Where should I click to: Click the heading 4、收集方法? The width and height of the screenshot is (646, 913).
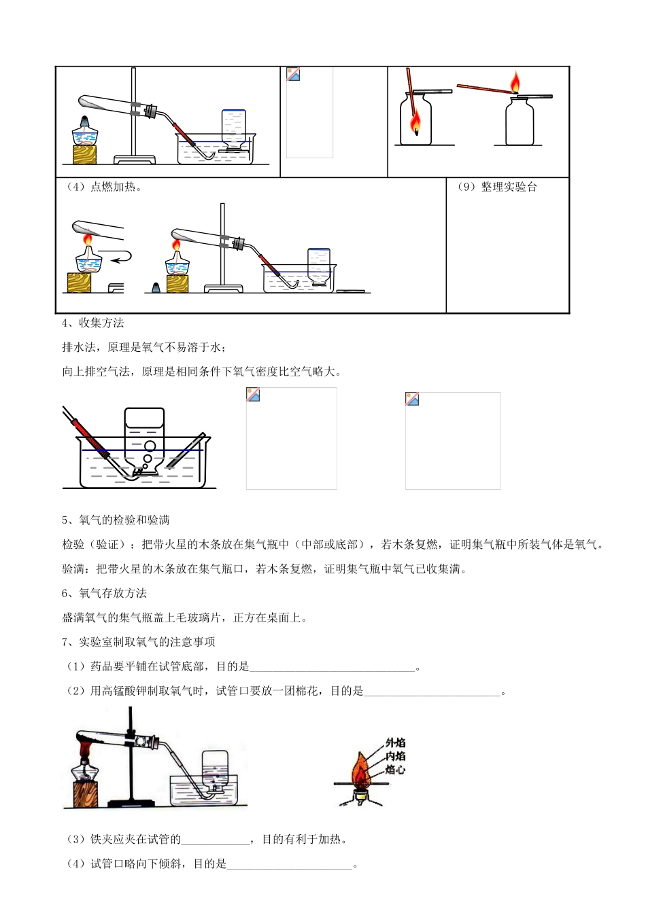click(x=93, y=323)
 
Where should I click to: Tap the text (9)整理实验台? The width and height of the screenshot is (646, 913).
click(x=497, y=187)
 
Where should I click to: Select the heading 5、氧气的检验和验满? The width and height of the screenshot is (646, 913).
click(x=116, y=520)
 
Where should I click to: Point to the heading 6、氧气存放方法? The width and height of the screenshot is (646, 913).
click(x=104, y=593)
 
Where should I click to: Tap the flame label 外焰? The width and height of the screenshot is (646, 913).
click(x=395, y=743)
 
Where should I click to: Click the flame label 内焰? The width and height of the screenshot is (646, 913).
click(x=395, y=756)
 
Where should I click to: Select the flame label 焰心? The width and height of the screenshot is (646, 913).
click(x=395, y=770)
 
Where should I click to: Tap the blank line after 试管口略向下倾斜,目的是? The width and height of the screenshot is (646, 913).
click(x=290, y=865)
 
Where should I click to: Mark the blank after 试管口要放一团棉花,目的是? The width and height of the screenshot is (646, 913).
click(x=432, y=692)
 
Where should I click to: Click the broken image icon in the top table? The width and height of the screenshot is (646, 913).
click(x=293, y=75)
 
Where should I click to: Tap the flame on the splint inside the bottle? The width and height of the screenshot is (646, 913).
click(x=415, y=124)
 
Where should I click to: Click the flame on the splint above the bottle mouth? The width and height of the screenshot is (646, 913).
click(x=515, y=82)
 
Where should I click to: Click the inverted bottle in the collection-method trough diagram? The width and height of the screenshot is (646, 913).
click(x=144, y=438)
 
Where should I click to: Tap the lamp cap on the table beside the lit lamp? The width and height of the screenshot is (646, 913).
click(x=156, y=287)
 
